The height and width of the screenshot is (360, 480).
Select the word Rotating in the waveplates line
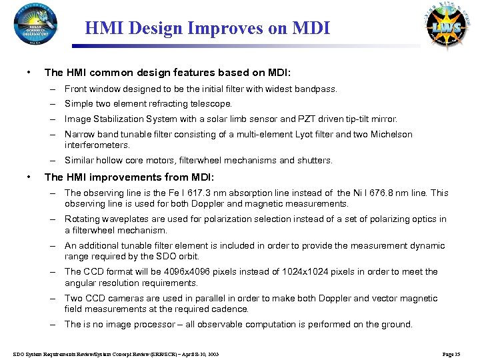[82, 219]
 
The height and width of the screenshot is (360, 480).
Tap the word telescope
[211, 104]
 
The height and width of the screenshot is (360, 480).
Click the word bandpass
[317, 89]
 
